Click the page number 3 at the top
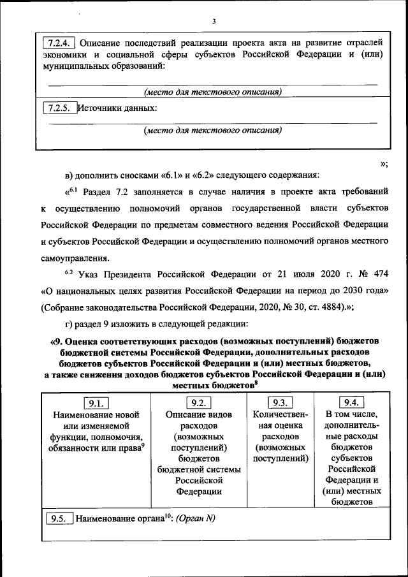coord(214,22)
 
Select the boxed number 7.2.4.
coord(59,43)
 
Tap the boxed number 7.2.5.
coord(59,108)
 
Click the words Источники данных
coord(117,108)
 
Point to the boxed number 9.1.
coord(97,402)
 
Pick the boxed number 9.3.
coord(280,402)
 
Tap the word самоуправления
coord(75,258)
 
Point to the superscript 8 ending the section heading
coord(256,383)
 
